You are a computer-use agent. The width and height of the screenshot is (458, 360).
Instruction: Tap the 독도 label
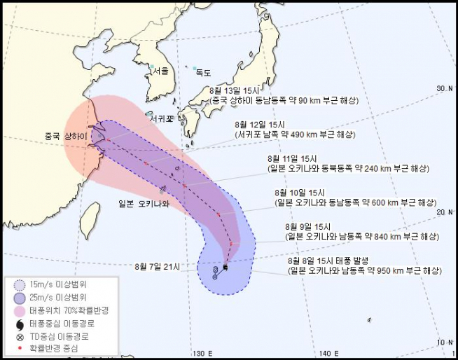(x=204, y=72)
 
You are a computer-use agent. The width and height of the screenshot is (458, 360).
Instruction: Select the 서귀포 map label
(x=161, y=118)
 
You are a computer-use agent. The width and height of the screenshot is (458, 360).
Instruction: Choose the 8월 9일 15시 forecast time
(x=313, y=226)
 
